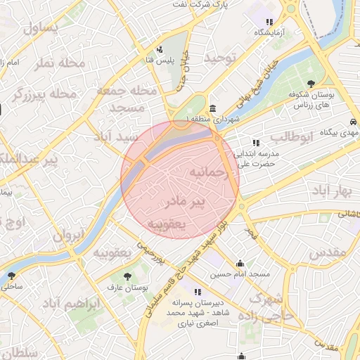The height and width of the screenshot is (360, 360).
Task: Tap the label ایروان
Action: tap(68, 233)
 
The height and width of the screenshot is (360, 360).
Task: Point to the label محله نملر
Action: tap(60, 63)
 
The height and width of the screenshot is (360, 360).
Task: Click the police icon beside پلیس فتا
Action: tap(160, 49)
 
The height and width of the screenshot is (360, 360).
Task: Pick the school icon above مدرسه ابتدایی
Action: tap(255, 141)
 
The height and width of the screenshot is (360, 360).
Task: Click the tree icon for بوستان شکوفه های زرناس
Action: tap(311, 84)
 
